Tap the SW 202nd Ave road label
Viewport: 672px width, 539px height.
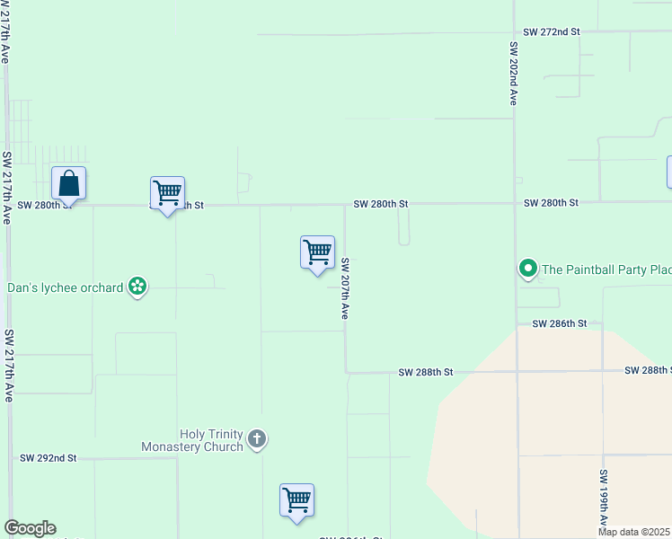514,74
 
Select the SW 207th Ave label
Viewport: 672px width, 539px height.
344,289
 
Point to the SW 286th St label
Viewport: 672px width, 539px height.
559,323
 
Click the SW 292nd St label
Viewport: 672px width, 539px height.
49,458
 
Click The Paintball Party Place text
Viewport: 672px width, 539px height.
607,269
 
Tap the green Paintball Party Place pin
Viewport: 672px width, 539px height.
528,268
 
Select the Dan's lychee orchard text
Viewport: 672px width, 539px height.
65,288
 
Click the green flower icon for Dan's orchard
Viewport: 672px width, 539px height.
137,287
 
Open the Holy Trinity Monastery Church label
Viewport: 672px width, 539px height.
192,440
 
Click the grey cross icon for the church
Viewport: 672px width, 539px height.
257,439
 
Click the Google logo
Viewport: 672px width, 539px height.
30,528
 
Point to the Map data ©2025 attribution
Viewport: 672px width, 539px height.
633,532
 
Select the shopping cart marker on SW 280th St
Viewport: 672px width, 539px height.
167,193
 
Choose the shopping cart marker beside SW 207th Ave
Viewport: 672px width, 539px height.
317,252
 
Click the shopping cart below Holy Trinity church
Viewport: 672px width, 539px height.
296,499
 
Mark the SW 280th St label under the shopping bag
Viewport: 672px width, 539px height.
41,205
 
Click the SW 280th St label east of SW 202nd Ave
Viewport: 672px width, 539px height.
551,203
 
